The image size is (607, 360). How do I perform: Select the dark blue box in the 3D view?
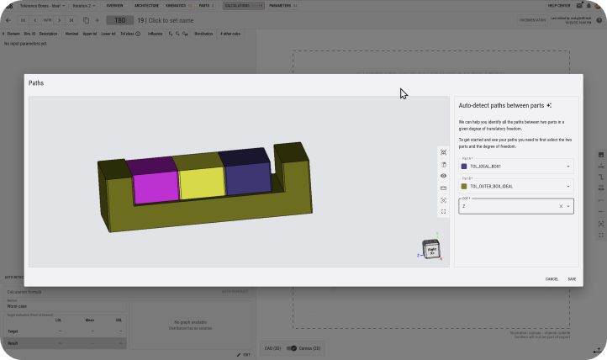[x=247, y=178]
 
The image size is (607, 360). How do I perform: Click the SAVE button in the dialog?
[x=572, y=278]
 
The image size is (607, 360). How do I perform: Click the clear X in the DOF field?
[x=561, y=206]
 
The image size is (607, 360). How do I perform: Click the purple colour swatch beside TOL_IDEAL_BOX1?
[x=464, y=167]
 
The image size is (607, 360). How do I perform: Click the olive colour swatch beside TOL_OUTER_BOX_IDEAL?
[x=464, y=186]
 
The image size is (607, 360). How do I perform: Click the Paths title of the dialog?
[x=36, y=83]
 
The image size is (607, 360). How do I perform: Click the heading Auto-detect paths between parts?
[x=501, y=105]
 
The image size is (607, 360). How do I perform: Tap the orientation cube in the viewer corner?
[x=431, y=249]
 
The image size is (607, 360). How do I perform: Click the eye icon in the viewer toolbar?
[x=443, y=176]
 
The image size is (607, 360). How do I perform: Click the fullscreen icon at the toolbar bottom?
[x=443, y=211]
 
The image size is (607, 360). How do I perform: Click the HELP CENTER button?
[x=558, y=5]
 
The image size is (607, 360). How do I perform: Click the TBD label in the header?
[x=119, y=20]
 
